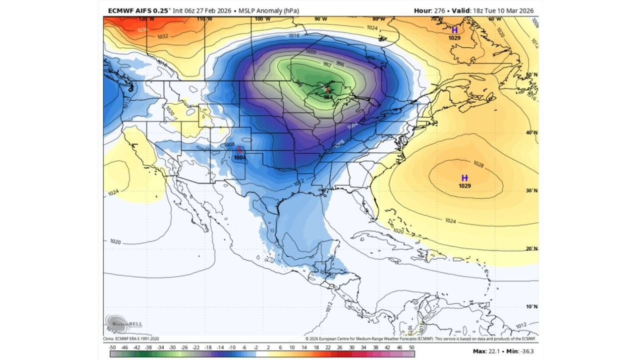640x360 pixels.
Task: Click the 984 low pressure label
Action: [x=328, y=97]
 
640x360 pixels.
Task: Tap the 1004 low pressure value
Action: [x=240, y=157]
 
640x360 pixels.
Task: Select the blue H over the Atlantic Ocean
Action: [x=464, y=178]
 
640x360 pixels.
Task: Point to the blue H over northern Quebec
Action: [x=454, y=30]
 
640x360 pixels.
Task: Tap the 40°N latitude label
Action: [x=531, y=132]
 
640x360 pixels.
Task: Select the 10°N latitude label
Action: [x=531, y=306]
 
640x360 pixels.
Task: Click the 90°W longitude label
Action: [x=320, y=19]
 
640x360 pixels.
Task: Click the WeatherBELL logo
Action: [x=123, y=323]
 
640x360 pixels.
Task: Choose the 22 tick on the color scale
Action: [x=328, y=346]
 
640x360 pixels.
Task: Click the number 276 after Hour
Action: [x=439, y=10]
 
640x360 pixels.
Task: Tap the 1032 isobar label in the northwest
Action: [x=163, y=36]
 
